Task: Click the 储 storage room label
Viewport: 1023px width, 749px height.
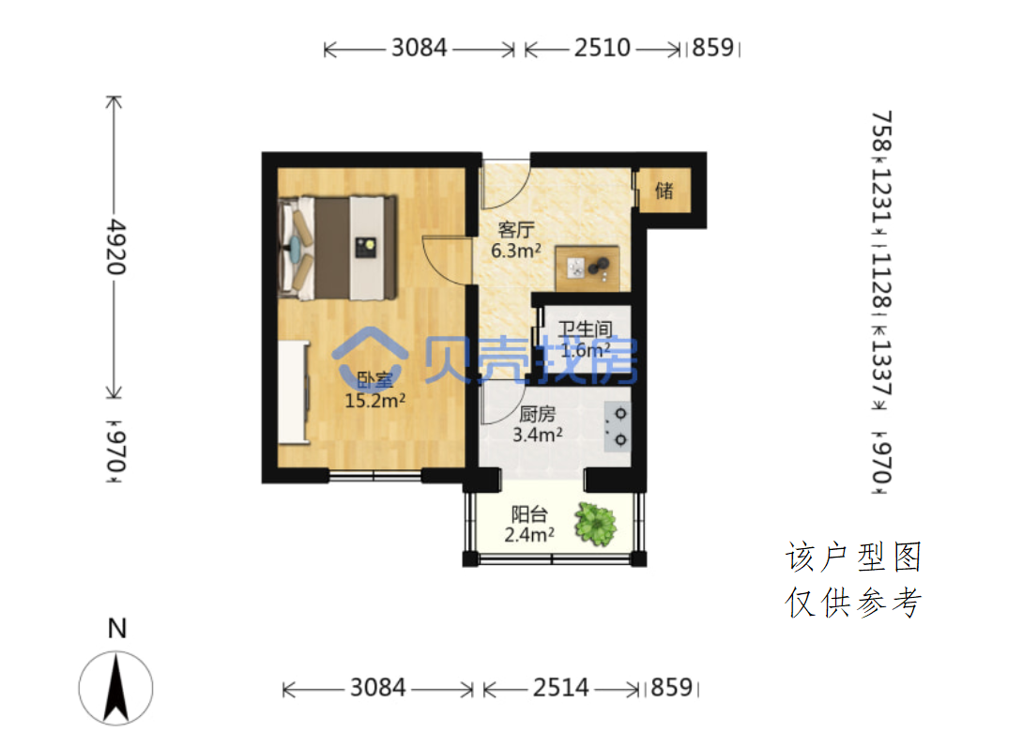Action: pos(664,191)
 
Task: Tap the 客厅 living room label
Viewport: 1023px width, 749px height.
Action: pos(516,230)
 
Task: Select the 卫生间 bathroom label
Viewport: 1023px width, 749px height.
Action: pos(586,329)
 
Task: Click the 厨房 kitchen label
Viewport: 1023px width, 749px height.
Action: pos(537,414)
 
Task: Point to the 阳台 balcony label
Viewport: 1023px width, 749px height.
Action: pos(529,514)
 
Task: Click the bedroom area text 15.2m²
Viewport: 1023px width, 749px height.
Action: pos(375,400)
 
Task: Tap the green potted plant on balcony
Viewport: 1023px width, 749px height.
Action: pos(595,524)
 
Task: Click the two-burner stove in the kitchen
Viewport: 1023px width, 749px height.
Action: pos(618,427)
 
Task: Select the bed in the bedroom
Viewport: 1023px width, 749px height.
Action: pos(337,248)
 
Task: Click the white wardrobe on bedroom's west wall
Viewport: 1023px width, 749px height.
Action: pos(293,391)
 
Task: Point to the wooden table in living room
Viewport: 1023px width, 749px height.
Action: pos(588,268)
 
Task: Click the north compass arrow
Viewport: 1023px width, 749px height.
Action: pos(116,688)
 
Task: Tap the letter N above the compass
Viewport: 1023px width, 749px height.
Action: pos(116,628)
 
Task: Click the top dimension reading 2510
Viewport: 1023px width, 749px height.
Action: pos(603,48)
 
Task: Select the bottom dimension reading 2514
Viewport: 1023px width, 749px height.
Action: pos(560,687)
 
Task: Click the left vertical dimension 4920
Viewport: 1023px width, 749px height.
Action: pos(116,247)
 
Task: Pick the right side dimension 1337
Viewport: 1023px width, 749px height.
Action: pos(880,367)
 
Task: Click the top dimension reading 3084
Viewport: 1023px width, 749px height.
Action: pos(419,48)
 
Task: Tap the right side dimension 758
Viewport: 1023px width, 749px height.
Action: pos(881,131)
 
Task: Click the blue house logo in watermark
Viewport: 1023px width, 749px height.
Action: pos(370,354)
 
